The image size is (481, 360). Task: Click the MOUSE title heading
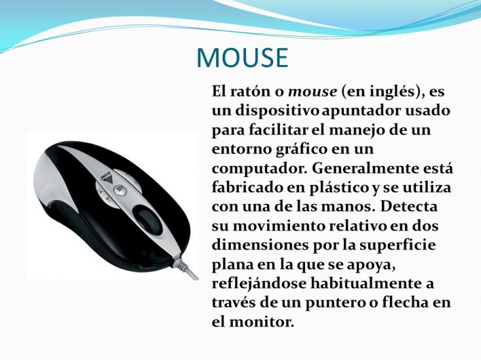coord(242,57)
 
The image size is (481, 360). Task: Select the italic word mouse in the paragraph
coord(312,92)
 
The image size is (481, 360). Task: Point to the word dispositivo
coord(278,111)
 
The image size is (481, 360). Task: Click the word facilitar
coord(278,130)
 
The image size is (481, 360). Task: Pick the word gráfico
coord(297,150)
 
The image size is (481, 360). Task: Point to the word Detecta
coord(409,207)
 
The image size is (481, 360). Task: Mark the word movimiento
coord(279,226)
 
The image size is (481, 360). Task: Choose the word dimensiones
coord(261,245)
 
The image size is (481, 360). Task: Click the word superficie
coord(398,246)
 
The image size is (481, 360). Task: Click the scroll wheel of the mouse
coord(150,218)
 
